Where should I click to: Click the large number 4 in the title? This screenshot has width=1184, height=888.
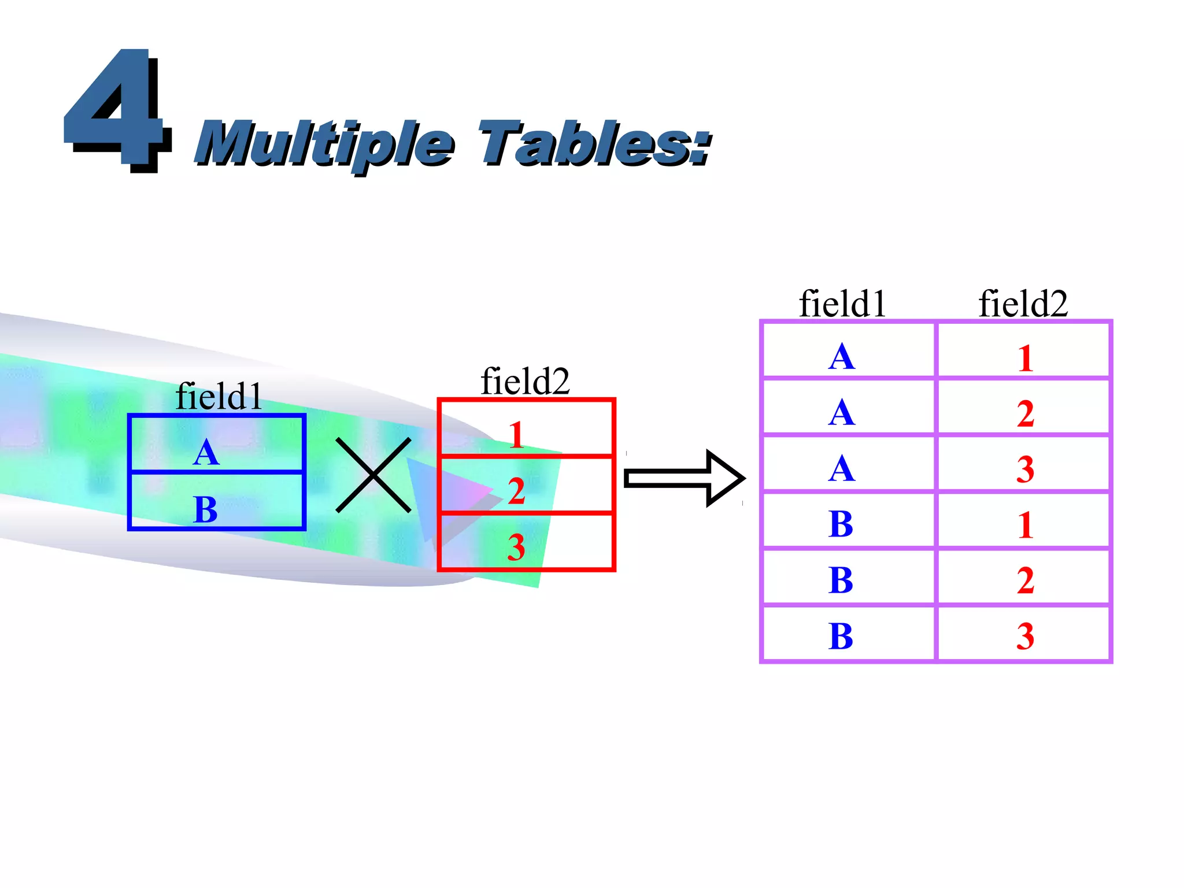click(116, 110)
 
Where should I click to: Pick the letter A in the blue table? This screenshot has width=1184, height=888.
click(206, 453)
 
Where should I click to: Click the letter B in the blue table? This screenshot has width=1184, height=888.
click(206, 509)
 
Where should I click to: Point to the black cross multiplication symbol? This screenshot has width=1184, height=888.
click(373, 475)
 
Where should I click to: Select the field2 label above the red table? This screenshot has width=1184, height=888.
click(525, 382)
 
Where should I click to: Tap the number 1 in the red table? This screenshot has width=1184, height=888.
click(516, 435)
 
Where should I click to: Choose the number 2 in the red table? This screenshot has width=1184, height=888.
click(516, 491)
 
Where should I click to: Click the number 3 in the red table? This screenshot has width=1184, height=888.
click(516, 547)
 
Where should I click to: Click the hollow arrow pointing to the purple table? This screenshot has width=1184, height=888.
click(685, 479)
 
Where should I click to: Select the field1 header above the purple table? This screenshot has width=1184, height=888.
click(842, 304)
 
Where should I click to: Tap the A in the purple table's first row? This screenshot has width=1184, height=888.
click(841, 357)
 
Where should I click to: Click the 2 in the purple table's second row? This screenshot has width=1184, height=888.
click(1025, 414)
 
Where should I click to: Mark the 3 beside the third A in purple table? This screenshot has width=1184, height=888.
click(1025, 469)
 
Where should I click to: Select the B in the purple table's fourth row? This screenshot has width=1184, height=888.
click(841, 524)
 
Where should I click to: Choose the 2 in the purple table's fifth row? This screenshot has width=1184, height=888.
click(1025, 580)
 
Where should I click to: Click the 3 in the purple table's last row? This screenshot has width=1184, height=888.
click(1025, 636)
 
